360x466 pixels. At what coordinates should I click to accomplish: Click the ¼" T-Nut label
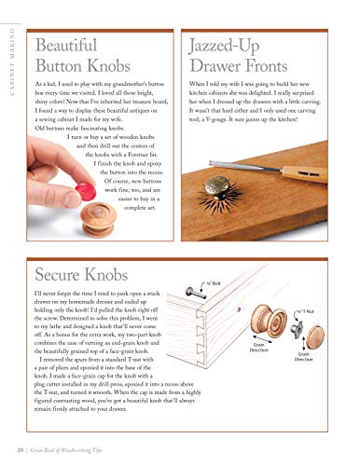point(331,308)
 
